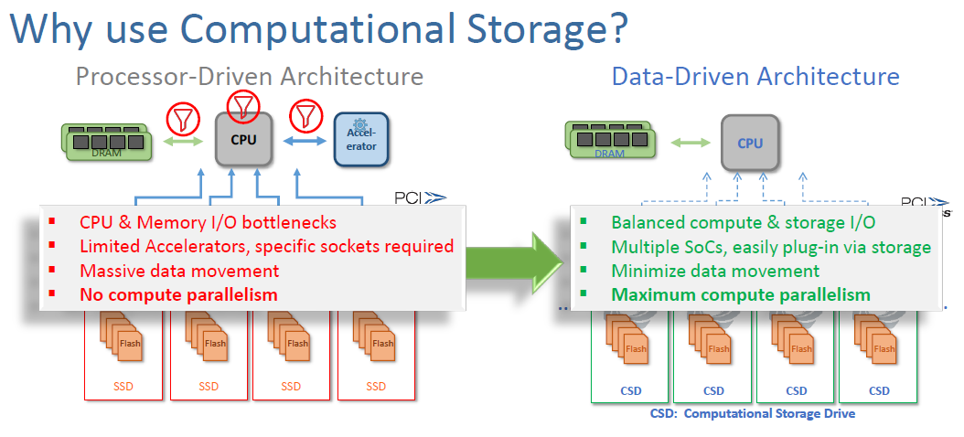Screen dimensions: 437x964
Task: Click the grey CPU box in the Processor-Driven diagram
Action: coord(243,140)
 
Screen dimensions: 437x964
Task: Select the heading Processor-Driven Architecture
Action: coord(249,76)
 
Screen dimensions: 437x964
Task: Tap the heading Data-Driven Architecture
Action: coord(755,76)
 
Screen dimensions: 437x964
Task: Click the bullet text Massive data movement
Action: coord(179,271)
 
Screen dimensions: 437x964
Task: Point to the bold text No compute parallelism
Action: coord(178,294)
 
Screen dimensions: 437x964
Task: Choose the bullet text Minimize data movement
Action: coord(715,271)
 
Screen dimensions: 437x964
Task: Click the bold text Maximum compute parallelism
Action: coord(741,294)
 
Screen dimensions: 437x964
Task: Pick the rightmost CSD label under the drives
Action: coord(879,390)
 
